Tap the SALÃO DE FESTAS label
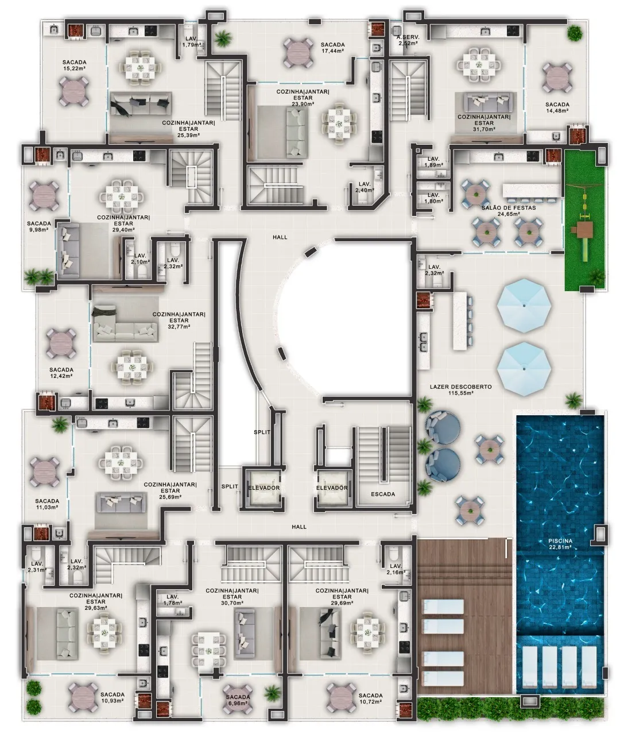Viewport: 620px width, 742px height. pyautogui.click(x=509, y=207)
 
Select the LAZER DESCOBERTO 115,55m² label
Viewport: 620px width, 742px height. pyautogui.click(x=461, y=390)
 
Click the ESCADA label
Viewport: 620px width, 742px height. pyautogui.click(x=383, y=494)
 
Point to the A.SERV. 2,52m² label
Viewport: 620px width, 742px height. pyautogui.click(x=408, y=40)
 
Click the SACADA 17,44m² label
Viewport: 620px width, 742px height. pyautogui.click(x=332, y=48)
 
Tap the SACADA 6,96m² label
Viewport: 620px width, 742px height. pyautogui.click(x=238, y=701)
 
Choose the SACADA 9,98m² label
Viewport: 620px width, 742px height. pyautogui.click(x=38, y=226)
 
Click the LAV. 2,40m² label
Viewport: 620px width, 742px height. pyautogui.click(x=365, y=187)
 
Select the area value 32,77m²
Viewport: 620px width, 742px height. pyautogui.click(x=179, y=327)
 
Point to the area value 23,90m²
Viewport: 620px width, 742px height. pyautogui.click(x=303, y=104)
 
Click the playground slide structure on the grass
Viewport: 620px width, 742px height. pyautogui.click(x=584, y=230)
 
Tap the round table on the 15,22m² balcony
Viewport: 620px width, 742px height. pyautogui.click(x=74, y=91)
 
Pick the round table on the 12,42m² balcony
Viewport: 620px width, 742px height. pyautogui.click(x=61, y=343)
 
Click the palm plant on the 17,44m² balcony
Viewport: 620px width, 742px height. pyautogui.click(x=223, y=38)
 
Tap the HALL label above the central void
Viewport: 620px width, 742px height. pyautogui.click(x=280, y=237)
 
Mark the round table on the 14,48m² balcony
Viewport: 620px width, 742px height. pyautogui.click(x=557, y=78)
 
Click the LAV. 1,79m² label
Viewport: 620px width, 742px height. pyautogui.click(x=192, y=42)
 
